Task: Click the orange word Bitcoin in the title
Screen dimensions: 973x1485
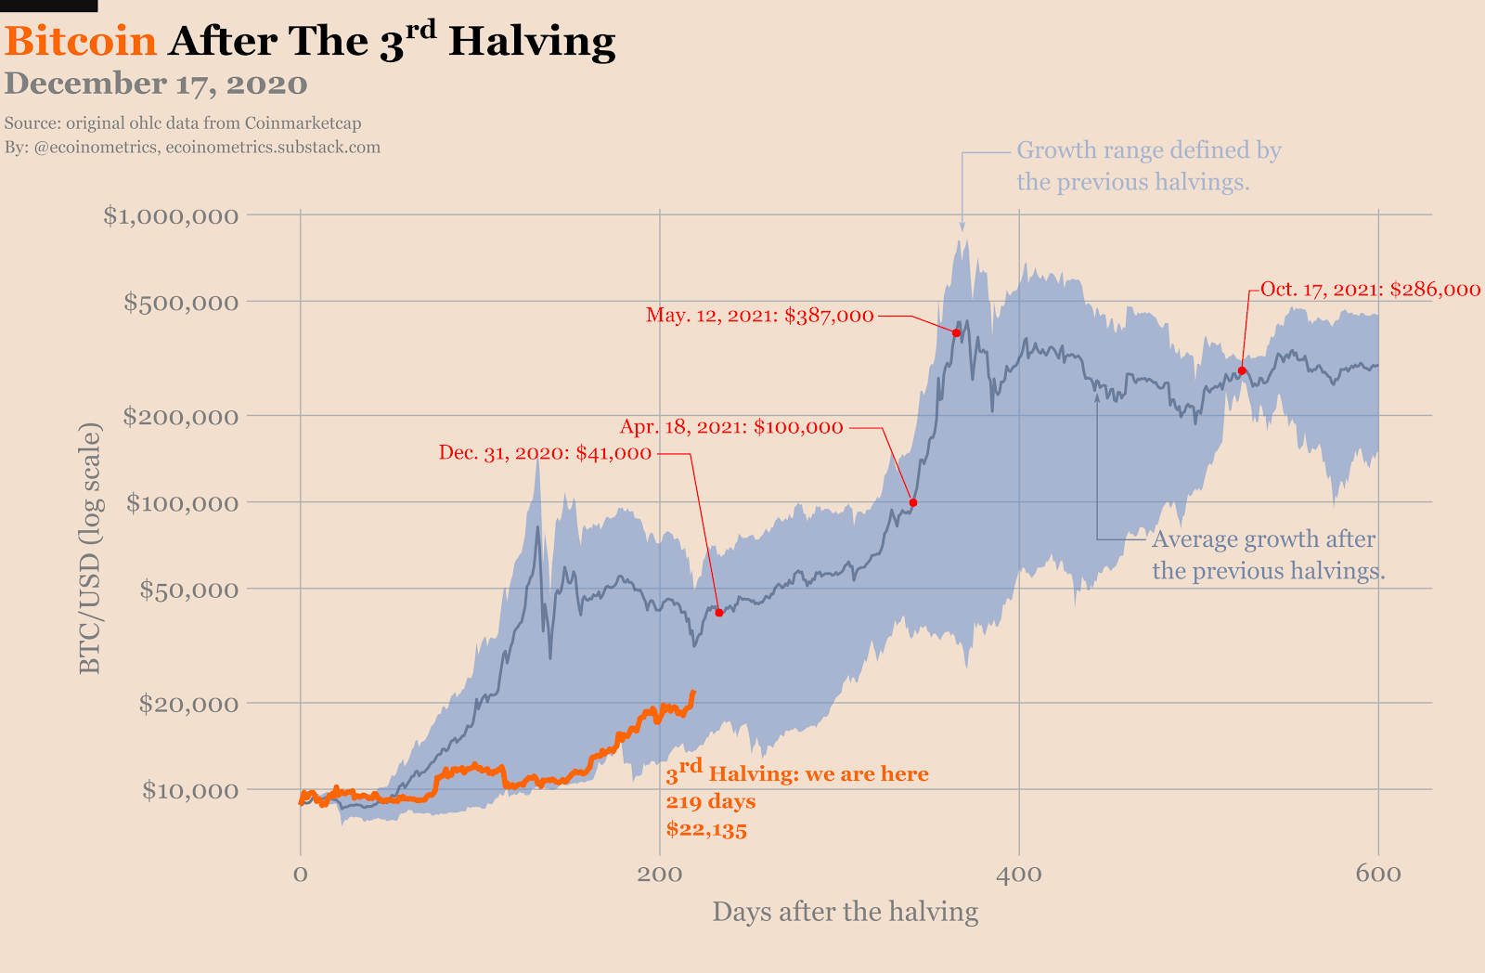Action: pyautogui.click(x=81, y=42)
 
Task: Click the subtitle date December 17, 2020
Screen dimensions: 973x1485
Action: pyautogui.click(x=156, y=84)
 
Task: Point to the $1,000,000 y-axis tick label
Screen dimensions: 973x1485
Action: pyautogui.click(x=171, y=215)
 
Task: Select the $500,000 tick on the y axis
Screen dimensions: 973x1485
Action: pyautogui.click(x=181, y=302)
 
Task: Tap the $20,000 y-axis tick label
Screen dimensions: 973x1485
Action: pyautogui.click(x=188, y=703)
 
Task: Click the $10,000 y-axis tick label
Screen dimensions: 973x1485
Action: pyautogui.click(x=189, y=790)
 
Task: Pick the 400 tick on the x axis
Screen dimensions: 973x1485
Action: pyautogui.click(x=1019, y=874)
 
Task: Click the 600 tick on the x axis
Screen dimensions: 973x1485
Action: pyautogui.click(x=1378, y=874)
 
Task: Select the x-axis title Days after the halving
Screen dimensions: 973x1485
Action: pyautogui.click(x=845, y=912)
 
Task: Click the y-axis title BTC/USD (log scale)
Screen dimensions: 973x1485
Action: pyautogui.click(x=89, y=548)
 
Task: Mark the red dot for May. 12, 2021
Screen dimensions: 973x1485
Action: pyautogui.click(x=956, y=332)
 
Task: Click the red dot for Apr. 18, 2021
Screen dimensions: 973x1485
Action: pyautogui.click(x=913, y=502)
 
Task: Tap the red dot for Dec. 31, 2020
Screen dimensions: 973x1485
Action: pyautogui.click(x=719, y=613)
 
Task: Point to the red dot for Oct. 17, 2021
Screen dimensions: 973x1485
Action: pyautogui.click(x=1242, y=370)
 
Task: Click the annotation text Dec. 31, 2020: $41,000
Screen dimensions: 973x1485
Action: pyautogui.click(x=545, y=453)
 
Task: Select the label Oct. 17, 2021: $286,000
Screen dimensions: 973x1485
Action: pyautogui.click(x=1370, y=289)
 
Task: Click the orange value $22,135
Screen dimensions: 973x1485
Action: pyautogui.click(x=706, y=829)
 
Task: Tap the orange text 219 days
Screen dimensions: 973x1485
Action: pyautogui.click(x=711, y=801)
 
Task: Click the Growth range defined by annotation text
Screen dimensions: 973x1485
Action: pyautogui.click(x=1148, y=150)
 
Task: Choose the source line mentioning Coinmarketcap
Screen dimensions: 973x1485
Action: pyautogui.click(x=183, y=123)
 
